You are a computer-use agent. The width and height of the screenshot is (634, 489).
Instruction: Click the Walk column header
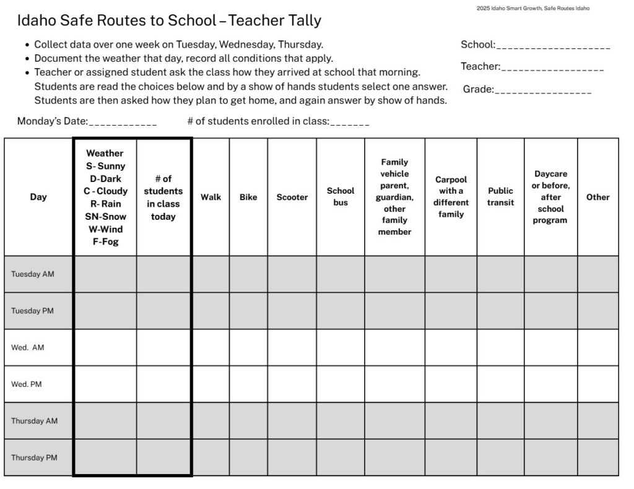[211, 197]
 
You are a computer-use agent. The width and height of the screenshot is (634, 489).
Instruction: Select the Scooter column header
[292, 197]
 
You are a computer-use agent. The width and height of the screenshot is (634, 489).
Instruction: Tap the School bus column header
[341, 197]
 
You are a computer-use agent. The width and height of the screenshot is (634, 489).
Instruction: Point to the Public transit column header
[500, 197]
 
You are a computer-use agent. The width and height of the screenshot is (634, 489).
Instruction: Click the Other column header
[598, 197]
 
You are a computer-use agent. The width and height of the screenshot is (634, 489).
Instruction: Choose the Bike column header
[248, 197]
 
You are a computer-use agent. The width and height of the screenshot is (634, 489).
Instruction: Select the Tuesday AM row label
[33, 274]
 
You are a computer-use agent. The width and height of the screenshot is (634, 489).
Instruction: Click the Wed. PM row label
[27, 384]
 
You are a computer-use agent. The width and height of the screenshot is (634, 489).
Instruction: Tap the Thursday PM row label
[35, 457]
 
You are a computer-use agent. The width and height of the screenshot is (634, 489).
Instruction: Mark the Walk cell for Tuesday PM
[211, 311]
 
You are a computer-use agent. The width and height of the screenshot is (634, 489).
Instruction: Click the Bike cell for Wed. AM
[248, 347]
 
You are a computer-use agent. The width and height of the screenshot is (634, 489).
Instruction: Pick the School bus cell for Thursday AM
[341, 421]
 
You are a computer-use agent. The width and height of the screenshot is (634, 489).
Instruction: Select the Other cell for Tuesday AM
[598, 274]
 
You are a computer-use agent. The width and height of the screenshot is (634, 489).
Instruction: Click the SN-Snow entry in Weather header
[105, 217]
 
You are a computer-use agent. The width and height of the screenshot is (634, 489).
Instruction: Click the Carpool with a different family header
[451, 197]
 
